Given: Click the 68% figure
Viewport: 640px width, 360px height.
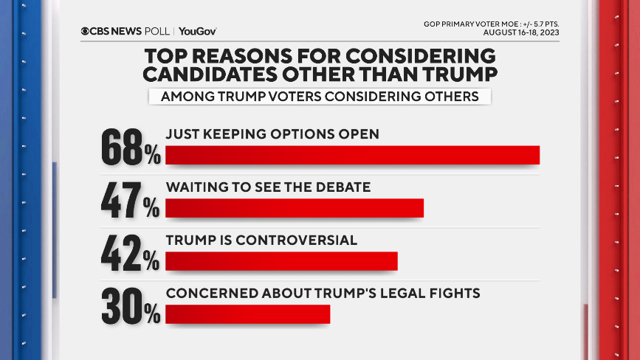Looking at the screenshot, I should point(130,147).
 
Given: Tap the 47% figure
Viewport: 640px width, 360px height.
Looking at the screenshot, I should point(130,200).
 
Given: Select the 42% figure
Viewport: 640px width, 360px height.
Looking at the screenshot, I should point(130,253).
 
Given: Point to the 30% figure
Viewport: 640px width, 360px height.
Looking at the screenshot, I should point(130,306).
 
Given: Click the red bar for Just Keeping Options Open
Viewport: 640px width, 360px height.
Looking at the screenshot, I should point(352,155).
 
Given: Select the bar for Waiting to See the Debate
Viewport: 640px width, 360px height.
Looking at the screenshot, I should point(295,208).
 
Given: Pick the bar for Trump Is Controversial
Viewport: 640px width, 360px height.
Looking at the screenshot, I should point(281,261).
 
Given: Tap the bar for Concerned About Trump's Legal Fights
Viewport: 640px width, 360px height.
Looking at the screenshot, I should point(247,314).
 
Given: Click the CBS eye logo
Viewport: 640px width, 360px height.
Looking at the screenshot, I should point(86,31).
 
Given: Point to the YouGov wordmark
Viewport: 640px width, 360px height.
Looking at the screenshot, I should point(198,31).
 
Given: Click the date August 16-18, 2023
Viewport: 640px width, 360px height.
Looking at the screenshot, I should point(520,33).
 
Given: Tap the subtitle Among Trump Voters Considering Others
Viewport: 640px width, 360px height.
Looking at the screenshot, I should point(319,97).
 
